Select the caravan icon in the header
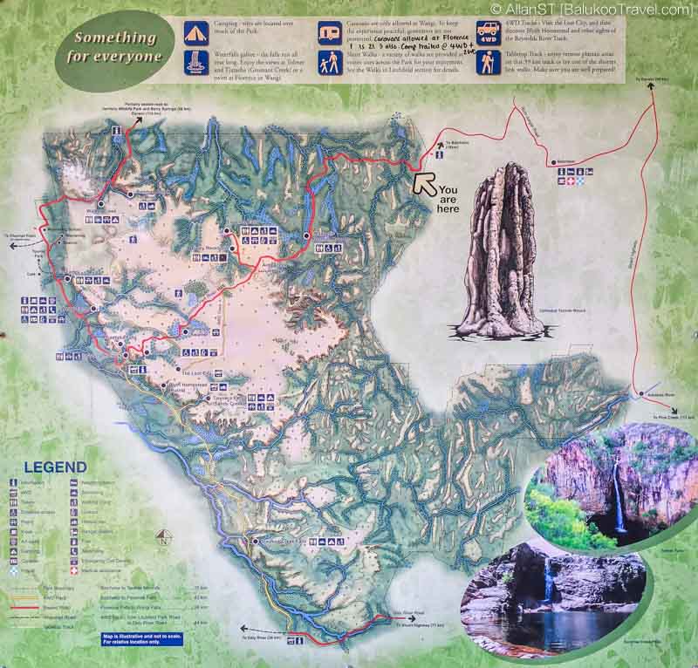(330, 33)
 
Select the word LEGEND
(55, 467)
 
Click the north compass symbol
(161, 539)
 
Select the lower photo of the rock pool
(557, 596)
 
